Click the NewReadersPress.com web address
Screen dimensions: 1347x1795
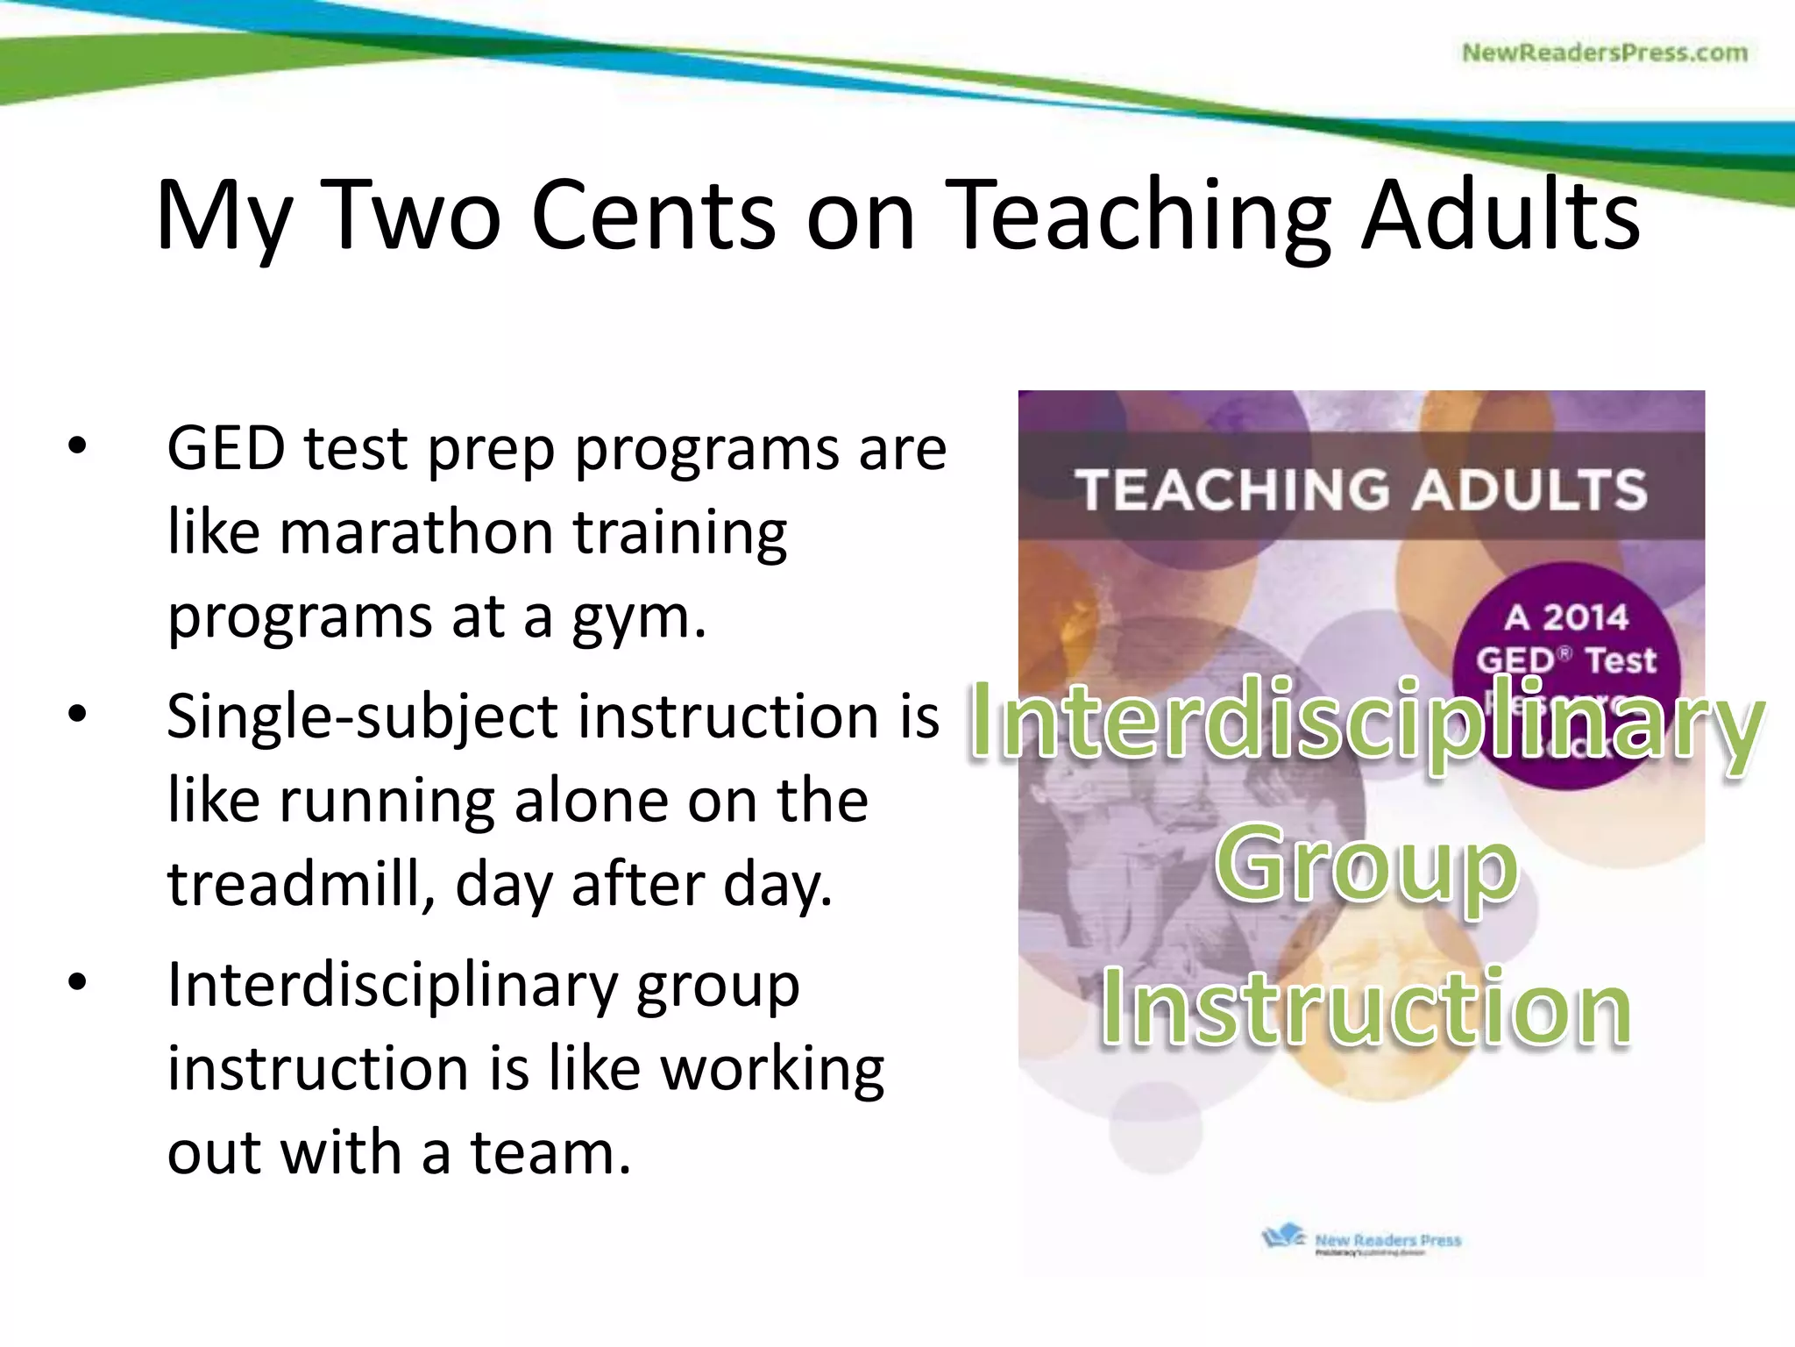pos(1604,53)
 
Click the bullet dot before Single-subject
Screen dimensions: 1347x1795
pos(78,715)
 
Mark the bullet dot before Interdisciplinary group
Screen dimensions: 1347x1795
pos(78,983)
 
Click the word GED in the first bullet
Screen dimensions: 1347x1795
pos(225,449)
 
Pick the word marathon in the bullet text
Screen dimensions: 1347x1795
pos(416,533)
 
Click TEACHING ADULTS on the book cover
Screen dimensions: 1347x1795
pos(1361,488)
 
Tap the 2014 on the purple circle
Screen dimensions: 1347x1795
pos(1585,617)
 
